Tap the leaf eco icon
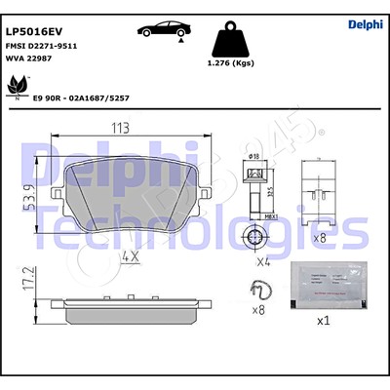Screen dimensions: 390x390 tap(18, 89)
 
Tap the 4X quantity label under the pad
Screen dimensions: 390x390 tap(130, 257)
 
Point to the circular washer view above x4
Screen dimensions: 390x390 tap(256, 237)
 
